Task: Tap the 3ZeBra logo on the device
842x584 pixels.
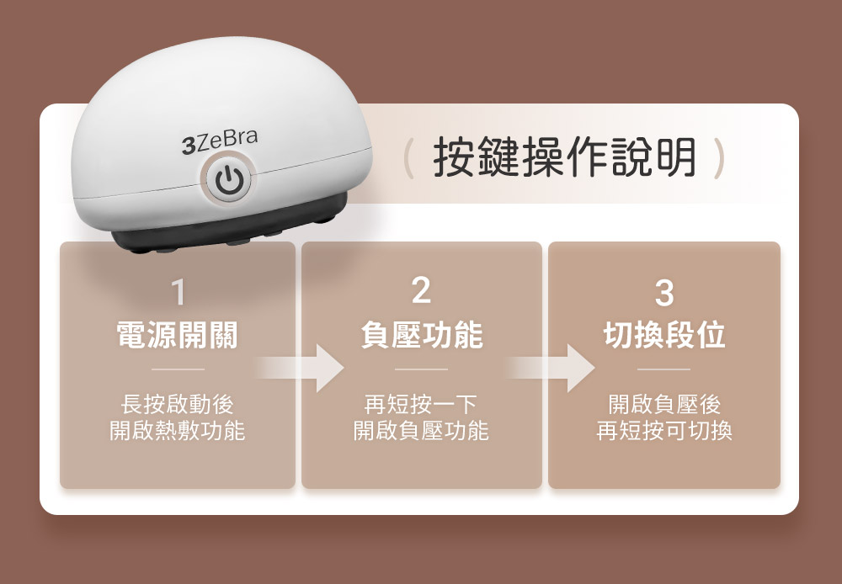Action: click(220, 141)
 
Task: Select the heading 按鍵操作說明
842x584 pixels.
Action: click(564, 157)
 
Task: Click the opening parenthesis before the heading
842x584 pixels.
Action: click(408, 158)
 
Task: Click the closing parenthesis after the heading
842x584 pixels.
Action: click(718, 158)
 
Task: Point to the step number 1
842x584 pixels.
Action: click(178, 292)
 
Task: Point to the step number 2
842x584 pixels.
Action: click(421, 291)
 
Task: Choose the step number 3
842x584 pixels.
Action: click(664, 292)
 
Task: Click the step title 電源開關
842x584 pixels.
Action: click(177, 335)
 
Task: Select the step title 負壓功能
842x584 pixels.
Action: click(422, 335)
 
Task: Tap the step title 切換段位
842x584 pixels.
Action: click(664, 335)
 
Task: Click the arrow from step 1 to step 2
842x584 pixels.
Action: click(299, 369)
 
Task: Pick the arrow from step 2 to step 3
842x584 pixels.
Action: click(550, 369)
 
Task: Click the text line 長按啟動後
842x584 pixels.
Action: click(177, 404)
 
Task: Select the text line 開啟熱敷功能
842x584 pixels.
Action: click(177, 431)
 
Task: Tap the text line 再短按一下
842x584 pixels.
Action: click(421, 404)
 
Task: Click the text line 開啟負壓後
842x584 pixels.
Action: click(664, 404)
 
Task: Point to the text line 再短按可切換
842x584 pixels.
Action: click(664, 431)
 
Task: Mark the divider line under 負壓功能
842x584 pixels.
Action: click(421, 369)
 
